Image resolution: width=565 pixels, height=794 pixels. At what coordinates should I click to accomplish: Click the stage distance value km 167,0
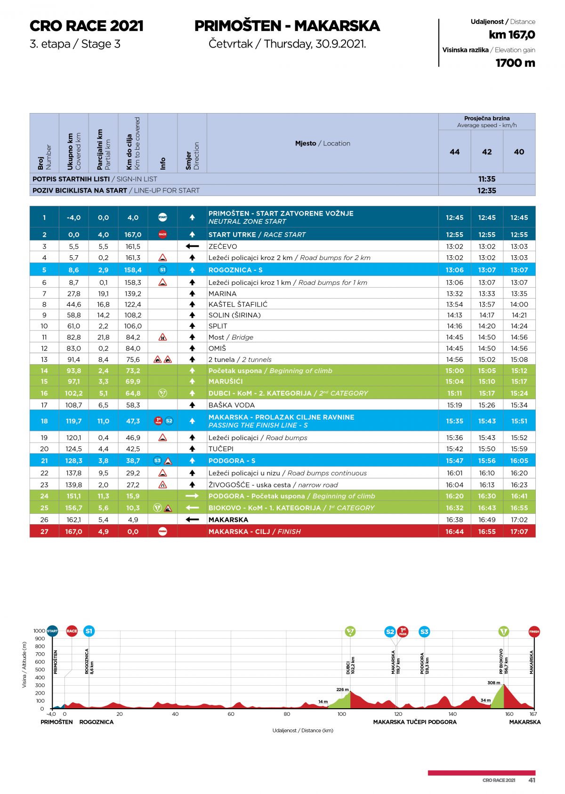pos(511,35)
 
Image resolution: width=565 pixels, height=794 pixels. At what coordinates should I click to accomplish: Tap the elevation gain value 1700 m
pos(515,63)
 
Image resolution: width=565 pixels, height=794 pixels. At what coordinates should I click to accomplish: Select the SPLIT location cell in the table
pos(218,326)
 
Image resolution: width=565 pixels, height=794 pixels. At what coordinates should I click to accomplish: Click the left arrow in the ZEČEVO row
pos(192,246)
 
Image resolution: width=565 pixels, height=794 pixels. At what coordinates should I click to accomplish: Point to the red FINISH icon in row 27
pos(162,531)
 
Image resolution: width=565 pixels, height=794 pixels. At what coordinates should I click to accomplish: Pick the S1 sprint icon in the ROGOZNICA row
pos(162,270)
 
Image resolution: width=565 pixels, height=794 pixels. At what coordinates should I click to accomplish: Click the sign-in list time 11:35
pos(487,179)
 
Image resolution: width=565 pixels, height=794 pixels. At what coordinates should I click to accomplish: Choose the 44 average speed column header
pos(454,152)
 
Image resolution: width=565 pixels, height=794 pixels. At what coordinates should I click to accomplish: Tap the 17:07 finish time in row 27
pos(519,531)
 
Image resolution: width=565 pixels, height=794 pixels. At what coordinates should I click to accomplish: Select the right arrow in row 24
pos(192,496)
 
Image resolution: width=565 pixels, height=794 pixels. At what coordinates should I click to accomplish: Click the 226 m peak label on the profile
pos(342,689)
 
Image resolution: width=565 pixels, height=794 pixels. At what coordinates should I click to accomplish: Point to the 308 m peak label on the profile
pos(493,682)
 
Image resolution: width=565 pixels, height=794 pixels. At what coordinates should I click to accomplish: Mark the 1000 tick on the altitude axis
pos(39,631)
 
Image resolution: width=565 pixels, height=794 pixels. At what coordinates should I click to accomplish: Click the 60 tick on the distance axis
pos(231,714)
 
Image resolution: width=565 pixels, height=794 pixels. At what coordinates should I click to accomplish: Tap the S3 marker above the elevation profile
pos(424,632)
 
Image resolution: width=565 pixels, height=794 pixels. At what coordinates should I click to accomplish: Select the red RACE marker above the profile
pos(72,631)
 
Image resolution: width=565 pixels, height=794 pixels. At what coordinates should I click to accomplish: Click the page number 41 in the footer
pos(532,780)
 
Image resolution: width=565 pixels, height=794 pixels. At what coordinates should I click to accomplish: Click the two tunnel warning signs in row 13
pos(162,359)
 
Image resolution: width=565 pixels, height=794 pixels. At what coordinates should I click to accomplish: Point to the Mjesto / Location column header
pos(323,143)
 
